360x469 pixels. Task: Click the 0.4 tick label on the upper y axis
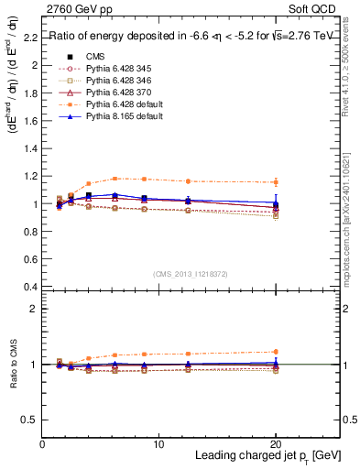coord(31,287)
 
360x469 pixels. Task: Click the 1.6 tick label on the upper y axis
coord(31,121)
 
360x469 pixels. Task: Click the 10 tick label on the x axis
coord(159,443)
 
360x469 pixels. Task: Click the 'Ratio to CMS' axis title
coord(13,365)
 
